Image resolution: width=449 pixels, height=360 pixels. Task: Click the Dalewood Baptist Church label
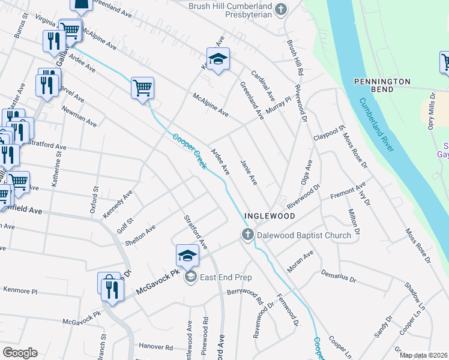coord(304,235)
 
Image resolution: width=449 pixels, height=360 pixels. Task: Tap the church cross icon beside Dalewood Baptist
coord(247,235)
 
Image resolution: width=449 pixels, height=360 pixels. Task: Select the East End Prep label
coord(226,277)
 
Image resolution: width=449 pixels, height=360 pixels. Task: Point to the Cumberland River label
coord(376,124)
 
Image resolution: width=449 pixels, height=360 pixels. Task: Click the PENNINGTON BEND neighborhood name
coord(382,85)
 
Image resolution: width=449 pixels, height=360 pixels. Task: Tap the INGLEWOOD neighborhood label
coord(270,215)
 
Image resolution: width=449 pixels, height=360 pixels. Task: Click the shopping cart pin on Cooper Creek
coord(143,88)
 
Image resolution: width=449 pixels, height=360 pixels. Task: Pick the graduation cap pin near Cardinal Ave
coord(218,59)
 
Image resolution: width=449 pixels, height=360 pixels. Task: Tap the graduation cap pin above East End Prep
coord(187,256)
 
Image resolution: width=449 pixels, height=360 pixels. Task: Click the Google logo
coord(20,353)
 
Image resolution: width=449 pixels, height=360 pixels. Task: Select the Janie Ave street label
coord(249,172)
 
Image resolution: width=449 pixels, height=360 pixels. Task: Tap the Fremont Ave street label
coord(348,193)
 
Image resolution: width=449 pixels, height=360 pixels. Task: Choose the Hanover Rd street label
coord(156,347)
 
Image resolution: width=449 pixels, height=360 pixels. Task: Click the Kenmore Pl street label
coord(20,290)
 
